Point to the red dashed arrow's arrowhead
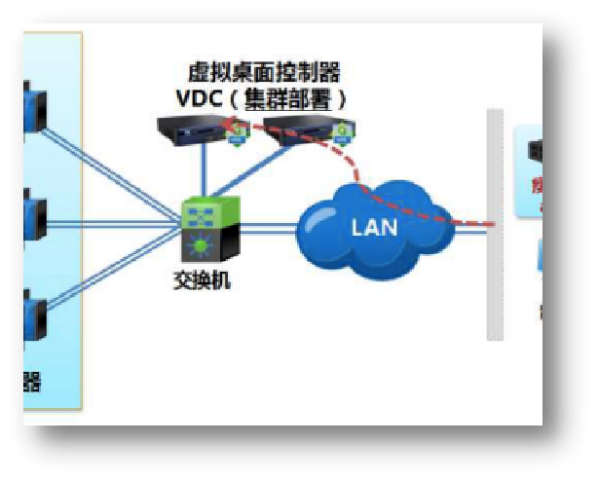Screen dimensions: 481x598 tap(225, 124)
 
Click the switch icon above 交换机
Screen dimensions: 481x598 tap(207, 227)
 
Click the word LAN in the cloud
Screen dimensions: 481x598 tap(373, 229)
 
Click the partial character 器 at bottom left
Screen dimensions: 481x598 tap(31, 381)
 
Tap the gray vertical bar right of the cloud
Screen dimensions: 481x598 tap(495, 224)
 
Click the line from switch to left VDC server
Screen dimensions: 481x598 tap(204, 170)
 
